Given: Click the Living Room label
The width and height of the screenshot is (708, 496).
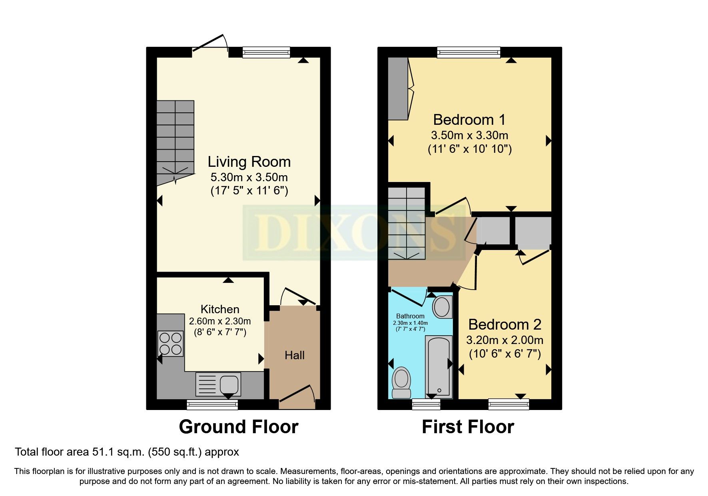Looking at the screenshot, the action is click(x=249, y=162).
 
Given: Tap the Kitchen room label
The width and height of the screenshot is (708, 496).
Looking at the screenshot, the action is click(x=220, y=309).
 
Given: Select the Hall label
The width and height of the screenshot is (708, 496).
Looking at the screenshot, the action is click(x=295, y=355).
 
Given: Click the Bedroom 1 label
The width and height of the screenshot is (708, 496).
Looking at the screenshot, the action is click(x=469, y=120).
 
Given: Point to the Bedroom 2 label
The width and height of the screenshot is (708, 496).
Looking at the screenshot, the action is click(x=505, y=324).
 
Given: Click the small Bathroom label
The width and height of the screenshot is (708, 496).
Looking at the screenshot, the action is click(x=410, y=316).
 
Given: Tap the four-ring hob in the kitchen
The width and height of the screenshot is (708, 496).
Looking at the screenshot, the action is click(x=171, y=344).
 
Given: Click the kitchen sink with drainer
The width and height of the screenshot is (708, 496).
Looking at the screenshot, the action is click(x=218, y=384).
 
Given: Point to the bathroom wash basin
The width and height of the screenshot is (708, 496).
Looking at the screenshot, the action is click(x=442, y=307).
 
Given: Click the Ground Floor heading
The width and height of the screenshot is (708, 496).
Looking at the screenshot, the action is click(x=239, y=427).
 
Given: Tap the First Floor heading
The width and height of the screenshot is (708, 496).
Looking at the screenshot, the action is click(x=468, y=427).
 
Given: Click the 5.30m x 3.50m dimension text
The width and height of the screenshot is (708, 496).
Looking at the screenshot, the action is click(x=249, y=177).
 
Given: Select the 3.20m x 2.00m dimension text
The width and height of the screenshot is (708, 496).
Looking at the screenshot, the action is click(x=505, y=340).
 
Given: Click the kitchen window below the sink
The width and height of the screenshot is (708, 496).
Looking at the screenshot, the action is click(x=212, y=404).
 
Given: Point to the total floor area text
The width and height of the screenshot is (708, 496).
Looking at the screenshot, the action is click(x=127, y=452).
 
